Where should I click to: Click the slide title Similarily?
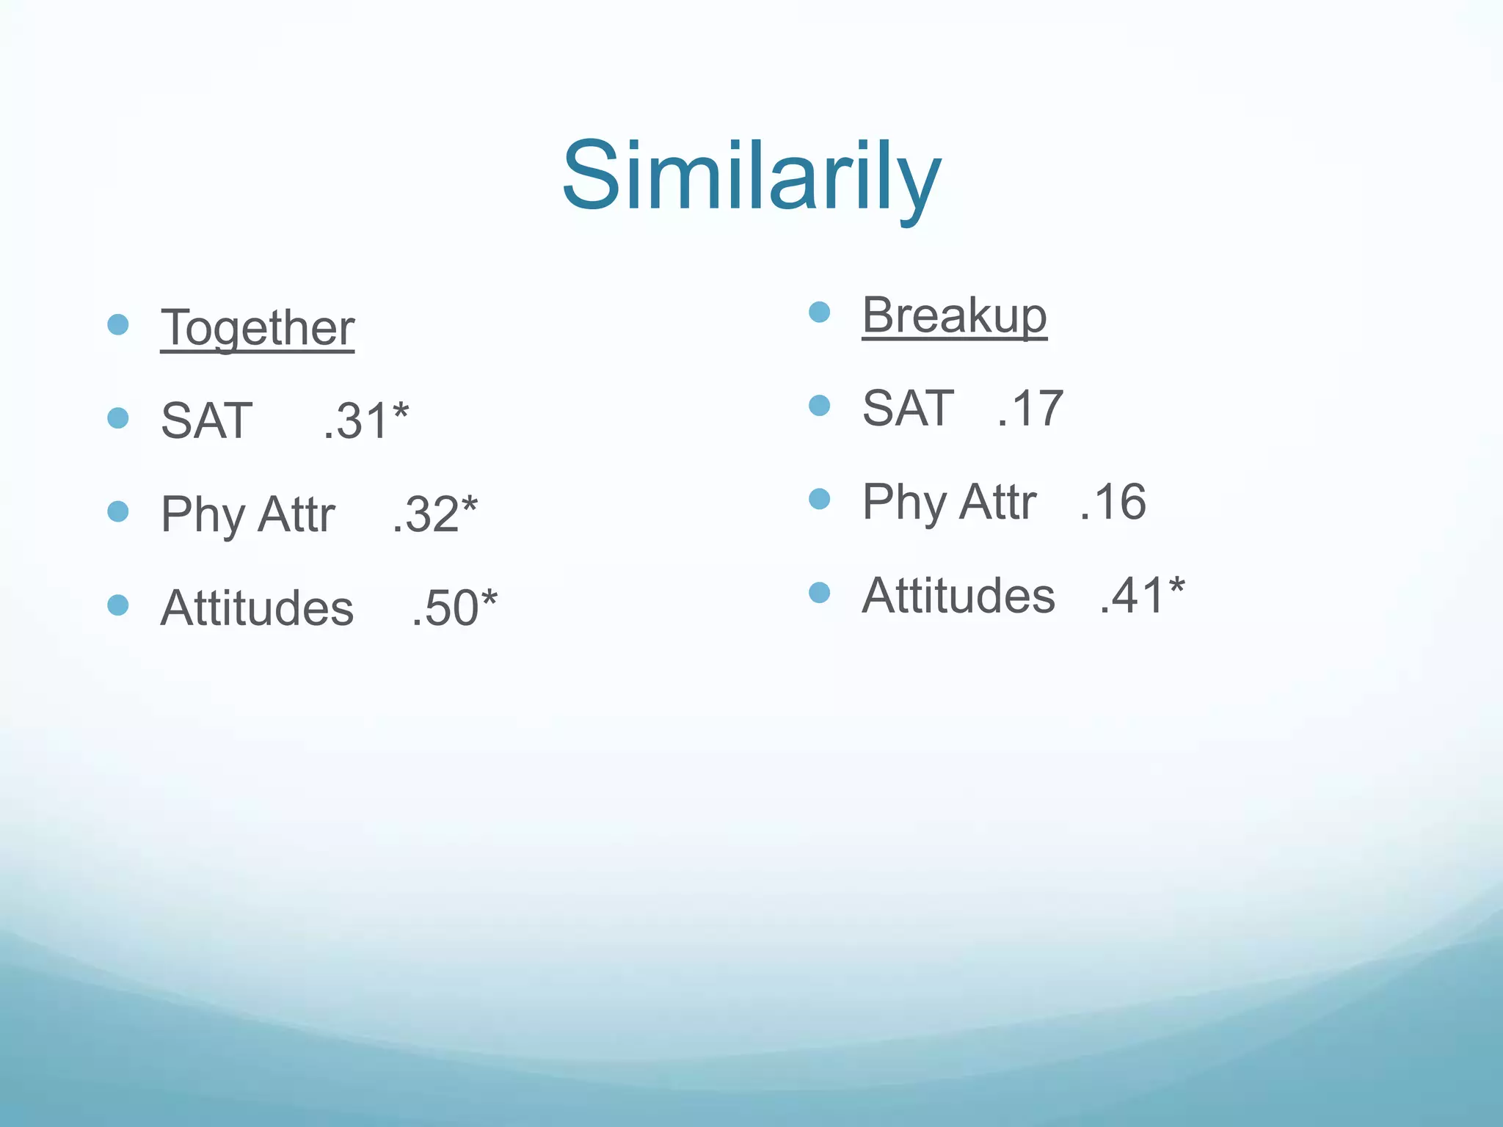tap(751, 178)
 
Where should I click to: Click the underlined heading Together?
tap(258, 327)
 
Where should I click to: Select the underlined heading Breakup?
tap(954, 315)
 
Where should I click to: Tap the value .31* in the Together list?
tap(365, 421)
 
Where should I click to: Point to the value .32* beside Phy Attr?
tap(434, 514)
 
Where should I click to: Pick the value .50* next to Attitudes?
tap(454, 608)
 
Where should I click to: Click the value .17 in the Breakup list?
tap(1030, 409)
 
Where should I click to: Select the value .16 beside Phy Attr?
tap(1113, 502)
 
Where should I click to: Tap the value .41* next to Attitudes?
tap(1141, 595)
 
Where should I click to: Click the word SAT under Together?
tap(207, 421)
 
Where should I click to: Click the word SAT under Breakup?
tap(908, 409)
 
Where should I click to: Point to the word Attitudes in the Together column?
tap(257, 608)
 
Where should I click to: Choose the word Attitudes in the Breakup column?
tap(958, 595)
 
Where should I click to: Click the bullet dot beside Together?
tap(118, 324)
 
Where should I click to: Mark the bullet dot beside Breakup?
tap(819, 312)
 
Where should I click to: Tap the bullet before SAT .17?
tap(819, 406)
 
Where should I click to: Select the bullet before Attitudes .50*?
tap(118, 605)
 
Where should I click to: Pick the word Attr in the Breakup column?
tap(997, 502)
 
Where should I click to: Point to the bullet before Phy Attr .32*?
tap(118, 511)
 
